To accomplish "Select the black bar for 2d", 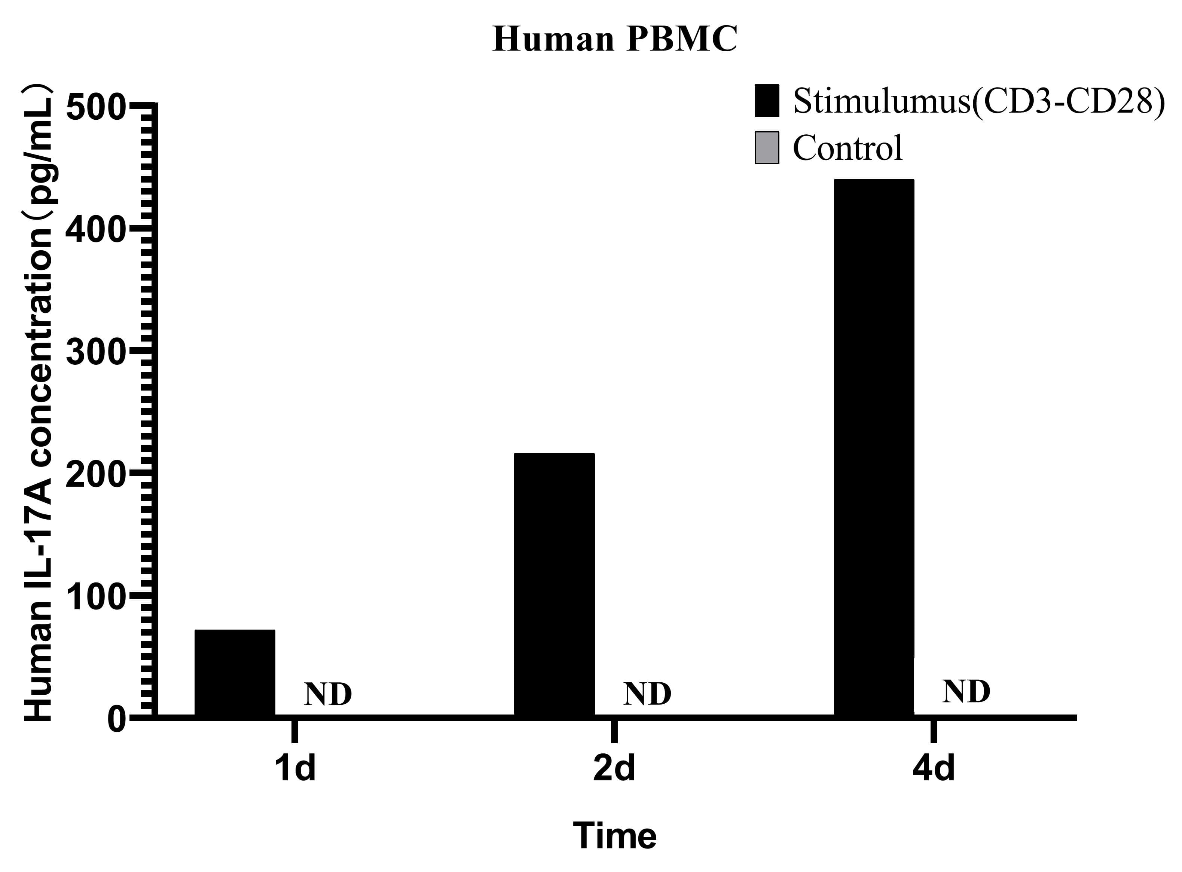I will (554, 584).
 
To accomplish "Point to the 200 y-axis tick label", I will (95, 475).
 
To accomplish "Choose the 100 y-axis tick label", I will (95, 597).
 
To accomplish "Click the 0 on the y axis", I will (117, 719).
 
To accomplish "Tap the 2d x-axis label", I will (614, 768).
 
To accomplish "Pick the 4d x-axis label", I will (933, 768).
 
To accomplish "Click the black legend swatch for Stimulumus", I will (767, 100).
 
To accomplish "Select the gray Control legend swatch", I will (767, 148).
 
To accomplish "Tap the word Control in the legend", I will (847, 148).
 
